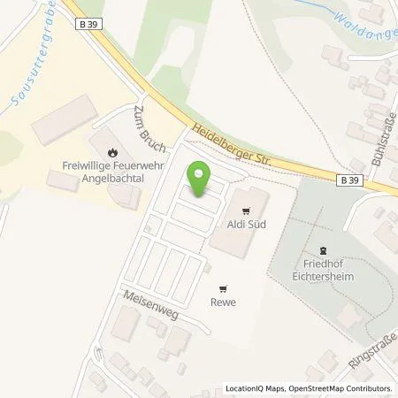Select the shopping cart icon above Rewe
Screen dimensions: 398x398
[x=222, y=287]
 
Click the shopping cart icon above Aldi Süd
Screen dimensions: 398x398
[x=246, y=210]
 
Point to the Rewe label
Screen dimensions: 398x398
[x=222, y=301]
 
